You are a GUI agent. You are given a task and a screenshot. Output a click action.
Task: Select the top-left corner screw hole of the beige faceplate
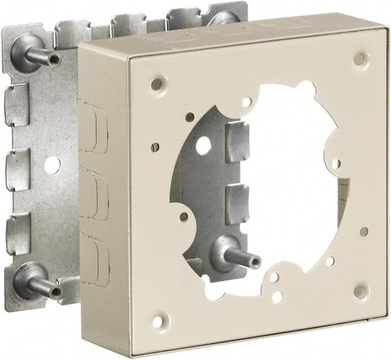pos(155,84)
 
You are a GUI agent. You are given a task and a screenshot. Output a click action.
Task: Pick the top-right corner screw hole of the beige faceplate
pos(358,59)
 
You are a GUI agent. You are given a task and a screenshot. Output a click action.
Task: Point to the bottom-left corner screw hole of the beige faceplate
pos(156,321)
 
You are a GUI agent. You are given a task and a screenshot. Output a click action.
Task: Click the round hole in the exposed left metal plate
pos(52,164)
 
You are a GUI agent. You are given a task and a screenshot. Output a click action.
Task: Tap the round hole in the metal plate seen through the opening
pos(203,145)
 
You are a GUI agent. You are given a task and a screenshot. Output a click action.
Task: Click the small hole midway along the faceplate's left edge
pos(155,147)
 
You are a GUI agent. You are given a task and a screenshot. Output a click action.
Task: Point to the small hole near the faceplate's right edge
pos(363,232)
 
